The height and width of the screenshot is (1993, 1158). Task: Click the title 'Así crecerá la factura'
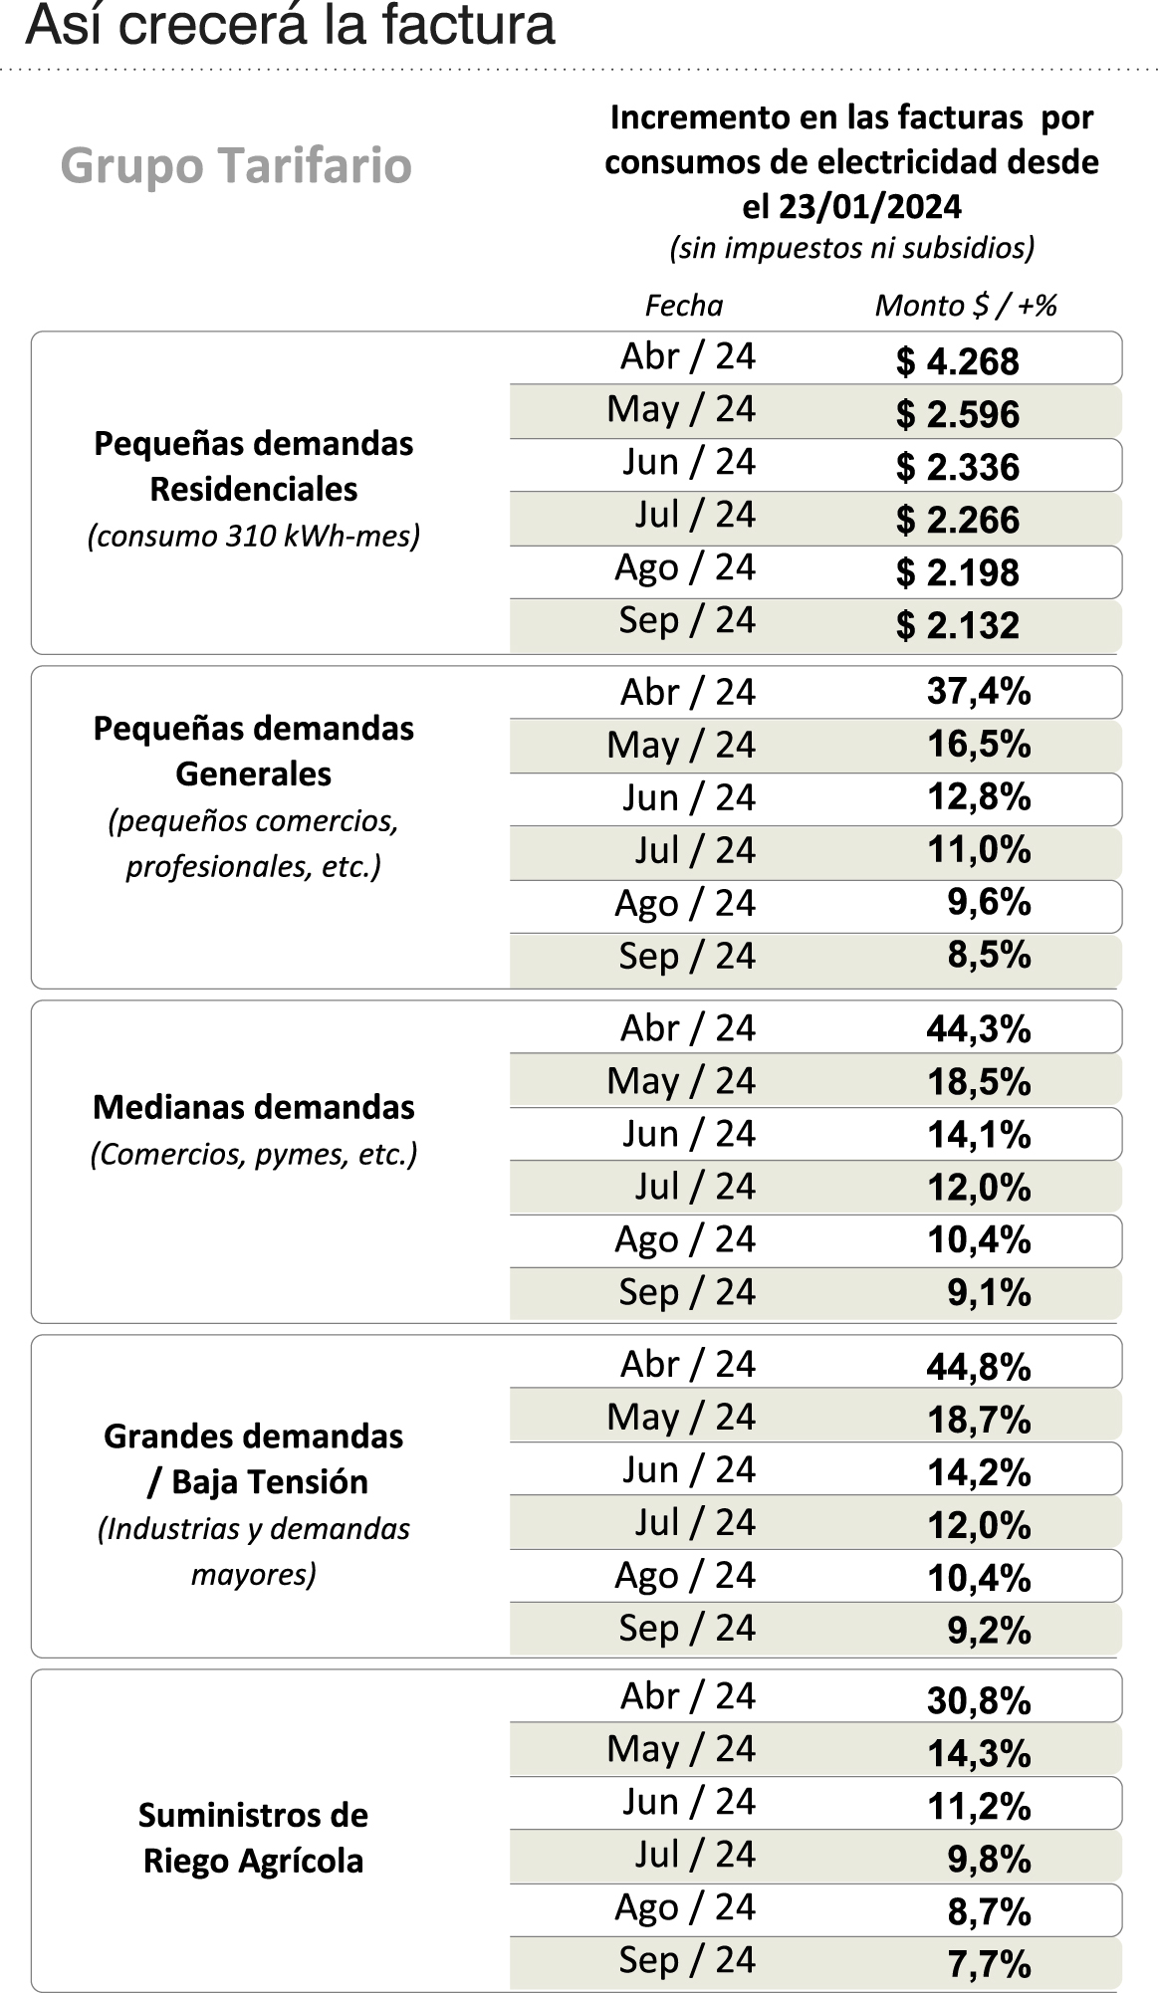tap(290, 26)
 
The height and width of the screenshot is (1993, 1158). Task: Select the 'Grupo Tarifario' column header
tap(236, 165)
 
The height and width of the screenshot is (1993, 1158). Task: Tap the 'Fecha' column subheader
tap(683, 305)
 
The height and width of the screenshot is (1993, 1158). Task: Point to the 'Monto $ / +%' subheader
tap(965, 305)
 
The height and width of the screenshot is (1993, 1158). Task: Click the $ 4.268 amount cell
tap(957, 361)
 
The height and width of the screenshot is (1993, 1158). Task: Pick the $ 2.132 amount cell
tap(957, 625)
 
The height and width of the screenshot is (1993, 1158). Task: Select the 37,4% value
tap(978, 691)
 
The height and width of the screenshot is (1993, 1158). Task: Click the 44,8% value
tap(978, 1367)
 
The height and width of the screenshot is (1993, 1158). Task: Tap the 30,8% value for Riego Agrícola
tap(978, 1700)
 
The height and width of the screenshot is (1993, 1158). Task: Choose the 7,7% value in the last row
tap(988, 1963)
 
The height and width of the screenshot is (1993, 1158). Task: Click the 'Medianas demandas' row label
tap(254, 1107)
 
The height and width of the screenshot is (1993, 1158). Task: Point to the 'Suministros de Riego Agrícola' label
tap(254, 1838)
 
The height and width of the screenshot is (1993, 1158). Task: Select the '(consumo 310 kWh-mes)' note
tap(254, 536)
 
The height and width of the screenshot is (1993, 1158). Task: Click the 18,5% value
tap(978, 1081)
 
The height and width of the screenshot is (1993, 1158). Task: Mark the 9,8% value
tap(988, 1858)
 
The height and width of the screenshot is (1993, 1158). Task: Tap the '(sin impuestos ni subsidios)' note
tap(851, 247)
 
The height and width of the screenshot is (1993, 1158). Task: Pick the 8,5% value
tap(988, 955)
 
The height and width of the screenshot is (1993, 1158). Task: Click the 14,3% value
tap(978, 1752)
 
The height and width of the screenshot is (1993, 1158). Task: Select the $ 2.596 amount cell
tap(957, 414)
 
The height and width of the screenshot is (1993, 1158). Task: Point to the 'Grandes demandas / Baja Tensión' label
tap(254, 1458)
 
